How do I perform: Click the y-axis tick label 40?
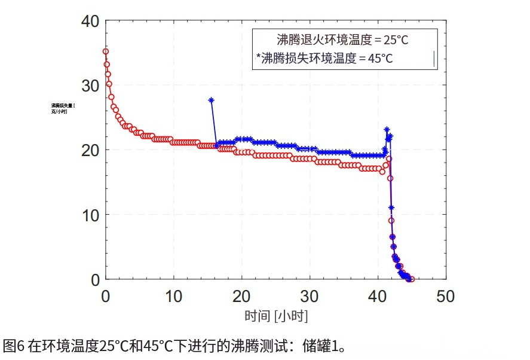point(91,22)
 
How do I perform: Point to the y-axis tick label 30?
point(91,86)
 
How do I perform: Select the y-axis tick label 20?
point(91,150)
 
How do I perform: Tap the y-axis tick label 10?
point(91,215)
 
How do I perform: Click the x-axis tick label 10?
point(174,296)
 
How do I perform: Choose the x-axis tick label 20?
point(242,296)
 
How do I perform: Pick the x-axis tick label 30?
point(310,296)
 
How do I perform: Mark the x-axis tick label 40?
point(378,296)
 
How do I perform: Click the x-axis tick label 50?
point(446,296)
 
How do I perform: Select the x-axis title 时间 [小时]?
point(276,316)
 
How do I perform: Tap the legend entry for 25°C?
point(342,41)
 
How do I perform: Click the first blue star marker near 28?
point(211,100)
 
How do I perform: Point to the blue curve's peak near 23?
point(387,129)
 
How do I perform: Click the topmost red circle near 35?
point(106,51)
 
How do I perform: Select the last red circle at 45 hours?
point(412,279)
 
